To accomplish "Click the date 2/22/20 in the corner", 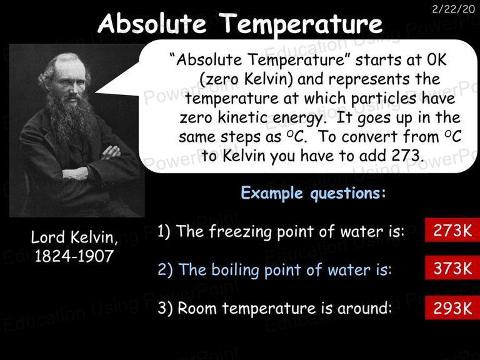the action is click(x=453, y=9).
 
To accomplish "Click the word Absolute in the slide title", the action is click(x=152, y=24).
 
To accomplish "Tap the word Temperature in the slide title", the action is click(x=301, y=24).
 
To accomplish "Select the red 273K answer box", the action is click(x=452, y=230).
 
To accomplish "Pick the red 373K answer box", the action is click(x=452, y=268).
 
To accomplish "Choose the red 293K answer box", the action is click(x=452, y=307).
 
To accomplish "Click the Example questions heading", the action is click(x=313, y=194).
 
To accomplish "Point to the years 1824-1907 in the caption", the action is click(x=74, y=256).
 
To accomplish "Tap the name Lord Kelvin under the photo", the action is click(x=74, y=237).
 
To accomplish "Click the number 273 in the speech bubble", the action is click(x=405, y=156).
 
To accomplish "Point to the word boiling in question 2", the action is click(x=236, y=270).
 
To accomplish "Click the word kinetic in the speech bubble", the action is click(x=243, y=117).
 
